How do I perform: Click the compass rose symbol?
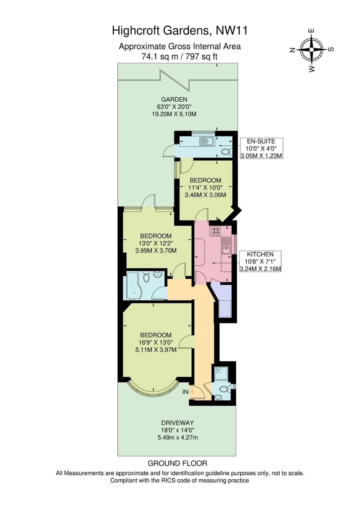(x=312, y=50)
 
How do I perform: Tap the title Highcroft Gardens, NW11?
(x=180, y=31)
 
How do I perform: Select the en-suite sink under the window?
(x=206, y=141)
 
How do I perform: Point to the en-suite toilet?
(x=227, y=151)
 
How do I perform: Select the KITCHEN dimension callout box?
(x=260, y=261)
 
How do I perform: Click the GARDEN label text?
(x=174, y=99)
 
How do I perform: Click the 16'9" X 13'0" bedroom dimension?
(x=156, y=342)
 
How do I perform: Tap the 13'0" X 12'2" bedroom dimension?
(x=156, y=243)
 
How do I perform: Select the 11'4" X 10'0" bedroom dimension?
(x=205, y=187)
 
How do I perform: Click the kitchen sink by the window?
(x=227, y=246)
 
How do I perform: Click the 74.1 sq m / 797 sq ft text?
(x=180, y=56)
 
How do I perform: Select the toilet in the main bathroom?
(x=146, y=276)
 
